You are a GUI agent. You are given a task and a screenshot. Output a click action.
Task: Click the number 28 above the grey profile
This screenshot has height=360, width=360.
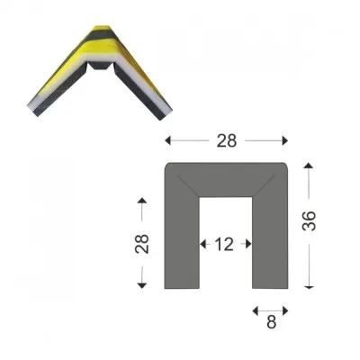coord(227,140)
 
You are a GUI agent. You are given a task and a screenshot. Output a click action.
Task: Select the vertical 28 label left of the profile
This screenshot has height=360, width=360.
coord(142,244)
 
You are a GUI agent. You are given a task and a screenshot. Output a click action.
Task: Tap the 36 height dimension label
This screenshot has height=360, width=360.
coord(309,220)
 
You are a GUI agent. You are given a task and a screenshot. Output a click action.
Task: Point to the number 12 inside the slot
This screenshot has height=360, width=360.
coord(224,244)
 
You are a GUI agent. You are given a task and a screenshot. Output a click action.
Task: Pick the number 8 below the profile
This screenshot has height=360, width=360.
coord(271,322)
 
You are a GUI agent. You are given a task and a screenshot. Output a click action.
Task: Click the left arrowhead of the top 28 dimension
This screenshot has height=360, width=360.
coord(167,140)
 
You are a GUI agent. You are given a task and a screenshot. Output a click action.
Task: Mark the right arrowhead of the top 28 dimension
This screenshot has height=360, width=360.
coord(285,140)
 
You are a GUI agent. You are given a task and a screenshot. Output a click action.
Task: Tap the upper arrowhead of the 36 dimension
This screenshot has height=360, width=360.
coord(309,165)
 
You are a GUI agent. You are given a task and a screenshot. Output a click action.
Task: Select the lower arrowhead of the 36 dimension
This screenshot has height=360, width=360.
coord(309,286)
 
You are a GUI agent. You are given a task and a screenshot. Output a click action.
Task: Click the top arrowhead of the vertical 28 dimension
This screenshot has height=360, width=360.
coord(142,201)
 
